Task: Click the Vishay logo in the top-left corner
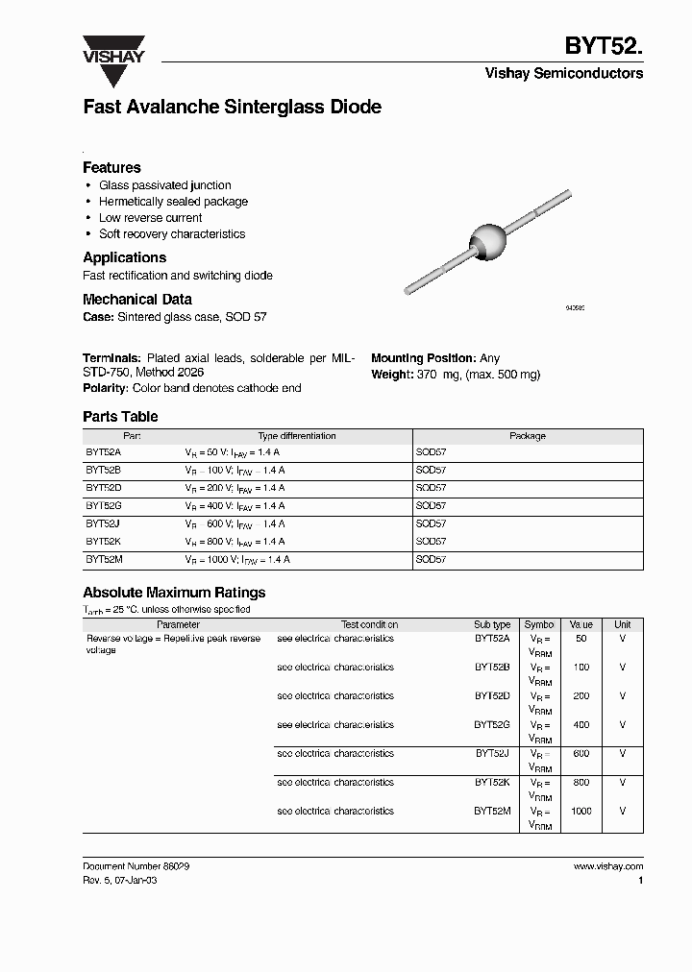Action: [112, 49]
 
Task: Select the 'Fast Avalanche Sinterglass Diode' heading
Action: [232, 108]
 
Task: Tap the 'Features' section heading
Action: [111, 167]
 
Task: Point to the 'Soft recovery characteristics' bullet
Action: [172, 234]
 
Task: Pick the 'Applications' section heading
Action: [124, 257]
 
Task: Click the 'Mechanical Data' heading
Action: [136, 299]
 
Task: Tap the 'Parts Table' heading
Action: [120, 417]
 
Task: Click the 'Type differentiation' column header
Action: [297, 436]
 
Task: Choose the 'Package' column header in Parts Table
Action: [527, 436]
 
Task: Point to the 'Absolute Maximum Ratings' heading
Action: [174, 593]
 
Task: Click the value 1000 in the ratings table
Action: [581, 811]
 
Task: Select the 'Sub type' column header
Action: [492, 624]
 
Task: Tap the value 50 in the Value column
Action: [581, 639]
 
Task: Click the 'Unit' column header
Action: [623, 624]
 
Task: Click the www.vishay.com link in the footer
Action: [607, 866]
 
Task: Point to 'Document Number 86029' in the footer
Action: [136, 866]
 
